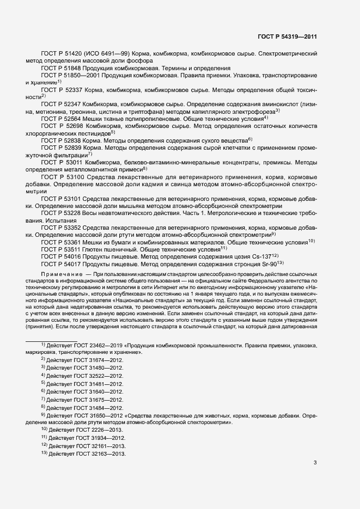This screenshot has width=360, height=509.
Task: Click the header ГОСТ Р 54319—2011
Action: click(287, 37)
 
